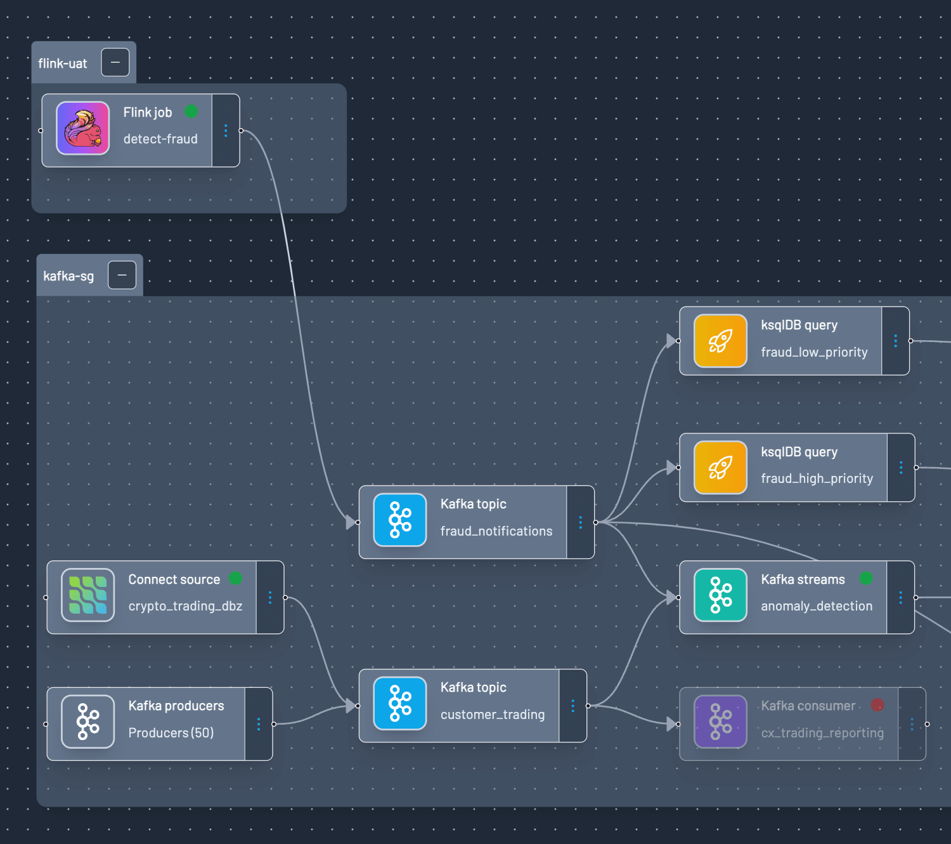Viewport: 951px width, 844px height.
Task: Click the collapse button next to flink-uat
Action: pyautogui.click(x=115, y=62)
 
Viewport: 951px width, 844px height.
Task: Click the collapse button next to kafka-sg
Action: pyautogui.click(x=122, y=275)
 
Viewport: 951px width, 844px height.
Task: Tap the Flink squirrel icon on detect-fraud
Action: pyautogui.click(x=83, y=128)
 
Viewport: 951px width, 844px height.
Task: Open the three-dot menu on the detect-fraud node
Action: pyautogui.click(x=226, y=131)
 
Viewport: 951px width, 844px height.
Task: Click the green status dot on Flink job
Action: pyautogui.click(x=191, y=112)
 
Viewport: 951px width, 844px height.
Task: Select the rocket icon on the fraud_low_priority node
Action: pyautogui.click(x=720, y=341)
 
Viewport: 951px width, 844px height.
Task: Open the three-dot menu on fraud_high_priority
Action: pyautogui.click(x=901, y=468)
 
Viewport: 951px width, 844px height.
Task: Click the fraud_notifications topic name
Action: pyautogui.click(x=496, y=531)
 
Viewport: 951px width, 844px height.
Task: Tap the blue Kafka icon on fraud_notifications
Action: pyautogui.click(x=400, y=520)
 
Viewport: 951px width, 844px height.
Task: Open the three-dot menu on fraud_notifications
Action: pyautogui.click(x=580, y=522)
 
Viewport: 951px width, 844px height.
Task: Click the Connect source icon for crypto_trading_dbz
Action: pyautogui.click(x=88, y=595)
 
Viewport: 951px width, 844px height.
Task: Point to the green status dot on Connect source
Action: pyautogui.click(x=235, y=578)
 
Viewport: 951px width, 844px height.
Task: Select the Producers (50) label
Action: pyautogui.click(x=171, y=733)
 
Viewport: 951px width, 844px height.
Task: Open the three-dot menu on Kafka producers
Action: pyautogui.click(x=259, y=724)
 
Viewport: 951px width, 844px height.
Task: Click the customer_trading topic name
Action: pyautogui.click(x=492, y=715)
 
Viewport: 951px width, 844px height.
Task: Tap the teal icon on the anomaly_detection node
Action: pyautogui.click(x=720, y=595)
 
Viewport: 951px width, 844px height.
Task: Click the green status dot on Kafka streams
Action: pyautogui.click(x=866, y=578)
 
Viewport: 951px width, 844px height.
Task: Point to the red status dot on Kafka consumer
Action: pyautogui.click(x=877, y=705)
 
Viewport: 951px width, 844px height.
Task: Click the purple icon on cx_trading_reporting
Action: pyautogui.click(x=720, y=722)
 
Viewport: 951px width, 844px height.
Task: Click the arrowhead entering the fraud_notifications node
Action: pyautogui.click(x=351, y=522)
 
